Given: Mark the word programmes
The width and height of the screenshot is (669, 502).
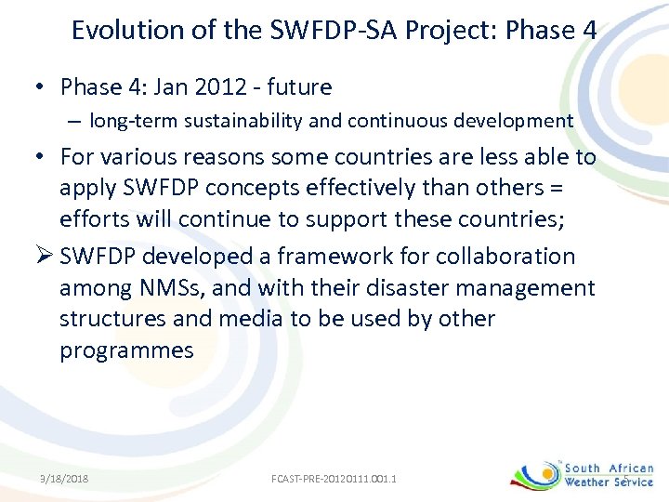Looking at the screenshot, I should point(126,350).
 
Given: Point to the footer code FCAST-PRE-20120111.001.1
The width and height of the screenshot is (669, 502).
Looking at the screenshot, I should point(334,479).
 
